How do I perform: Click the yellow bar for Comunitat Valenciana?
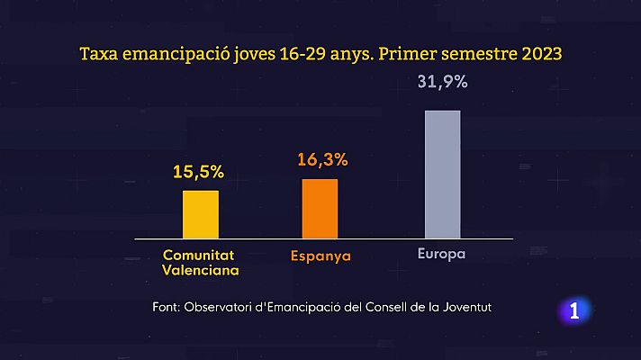pyautogui.click(x=201, y=213)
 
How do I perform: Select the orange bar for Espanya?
pyautogui.click(x=320, y=208)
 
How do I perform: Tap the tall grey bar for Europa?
pyautogui.click(x=442, y=174)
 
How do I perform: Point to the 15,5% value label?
pyautogui.click(x=201, y=169)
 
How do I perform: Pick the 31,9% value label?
pyautogui.click(x=443, y=82)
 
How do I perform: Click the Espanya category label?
pyautogui.click(x=321, y=256)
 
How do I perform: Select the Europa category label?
pyautogui.click(x=441, y=254)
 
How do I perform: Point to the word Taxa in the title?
pyautogui.click(x=99, y=54)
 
